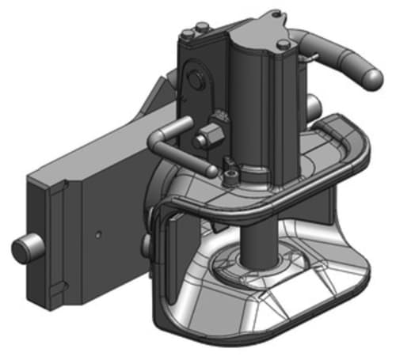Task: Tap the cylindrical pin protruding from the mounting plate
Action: click(x=24, y=251)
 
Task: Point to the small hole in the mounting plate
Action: click(x=97, y=235)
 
